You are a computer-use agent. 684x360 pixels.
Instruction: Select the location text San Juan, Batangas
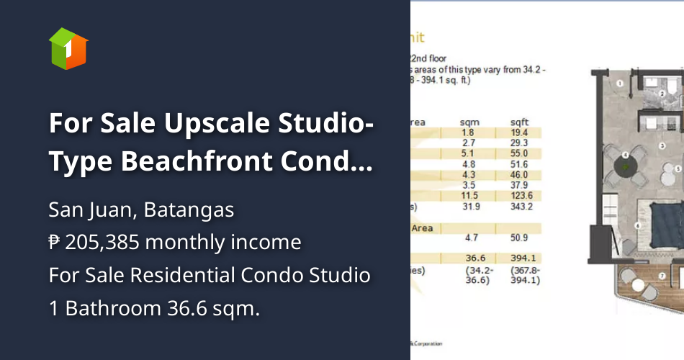[x=141, y=210]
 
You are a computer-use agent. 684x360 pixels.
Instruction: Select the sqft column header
[x=519, y=122]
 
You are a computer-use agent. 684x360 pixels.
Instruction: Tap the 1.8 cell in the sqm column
[x=469, y=132]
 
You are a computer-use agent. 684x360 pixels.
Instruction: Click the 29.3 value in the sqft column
[x=519, y=143]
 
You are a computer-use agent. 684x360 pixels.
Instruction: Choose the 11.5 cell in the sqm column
[x=469, y=195]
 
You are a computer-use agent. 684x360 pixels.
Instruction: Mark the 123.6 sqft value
[x=520, y=195]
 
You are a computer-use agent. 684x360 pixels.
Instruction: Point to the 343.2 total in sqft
[x=520, y=206]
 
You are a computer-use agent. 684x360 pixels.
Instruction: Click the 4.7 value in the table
[x=472, y=237]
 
